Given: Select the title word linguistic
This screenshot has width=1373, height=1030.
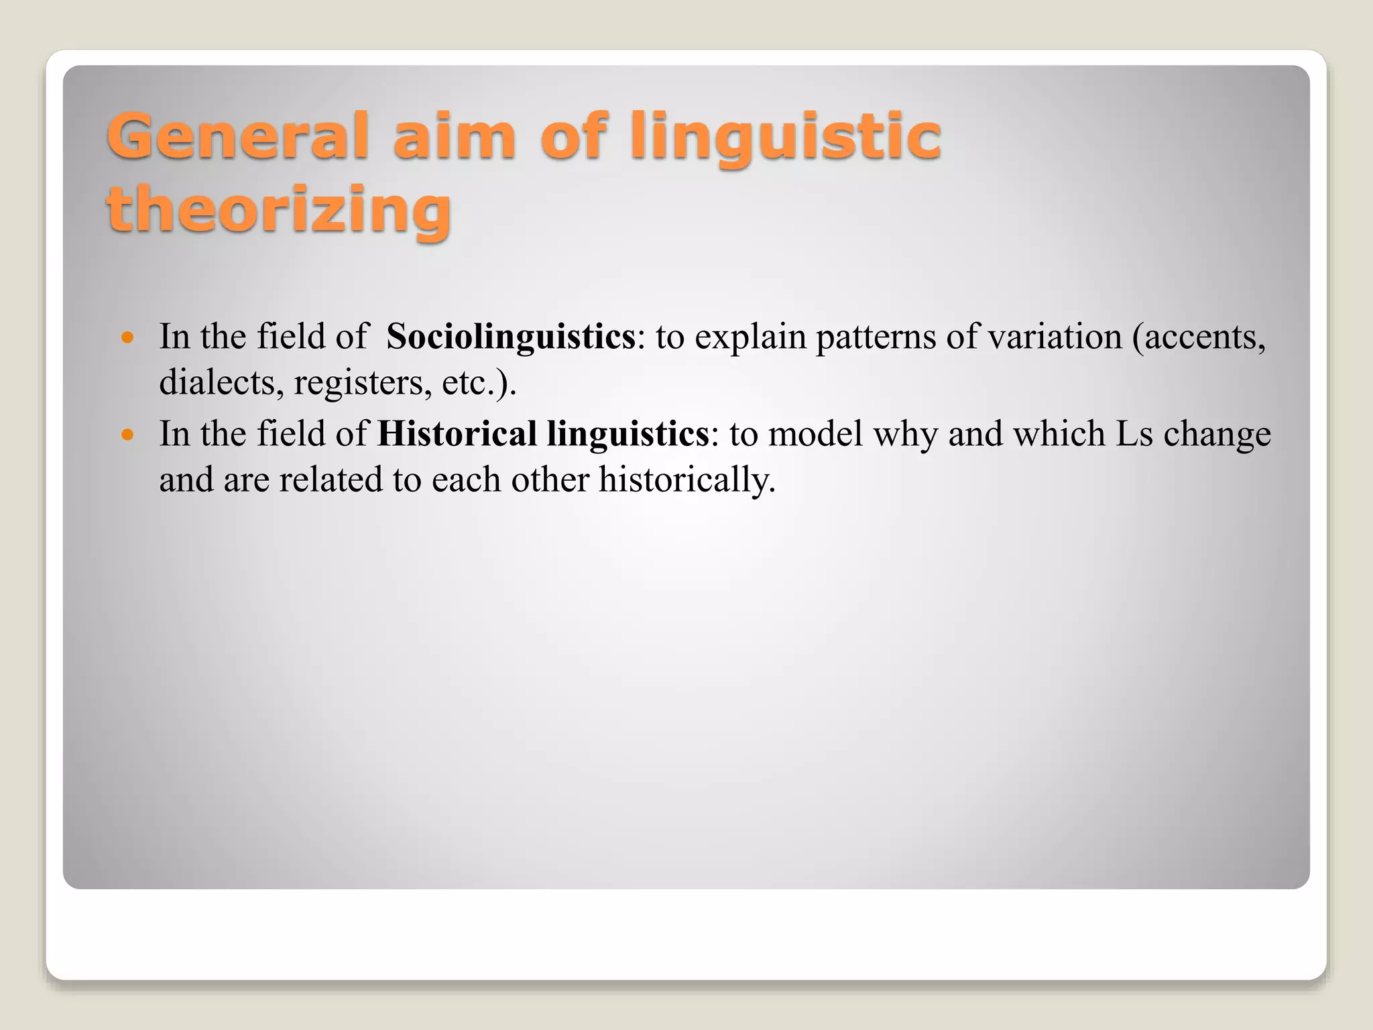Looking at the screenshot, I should click(786, 137).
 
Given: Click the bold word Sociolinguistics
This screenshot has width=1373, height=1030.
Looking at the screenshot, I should click(511, 337).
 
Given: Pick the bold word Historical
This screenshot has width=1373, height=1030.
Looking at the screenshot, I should click(457, 434).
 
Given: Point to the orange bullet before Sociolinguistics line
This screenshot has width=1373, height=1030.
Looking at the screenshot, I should click(128, 337).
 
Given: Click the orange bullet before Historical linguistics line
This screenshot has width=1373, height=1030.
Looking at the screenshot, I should click(128, 435).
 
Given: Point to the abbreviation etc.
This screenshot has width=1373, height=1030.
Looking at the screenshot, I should click(469, 383).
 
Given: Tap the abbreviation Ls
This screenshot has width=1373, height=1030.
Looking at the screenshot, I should click(1134, 434).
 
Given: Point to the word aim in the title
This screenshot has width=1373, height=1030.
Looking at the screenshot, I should click(455, 137).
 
